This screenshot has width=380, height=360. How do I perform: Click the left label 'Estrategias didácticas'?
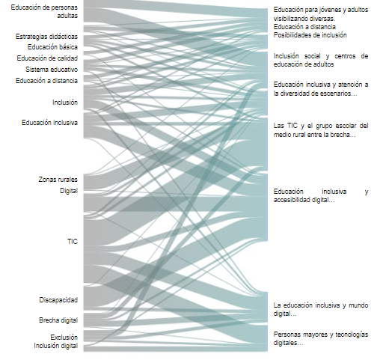click(46, 37)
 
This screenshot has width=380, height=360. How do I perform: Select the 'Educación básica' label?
click(52, 47)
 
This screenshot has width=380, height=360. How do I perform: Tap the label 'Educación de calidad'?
click(47, 58)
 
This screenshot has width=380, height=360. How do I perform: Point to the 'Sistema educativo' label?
click(52, 70)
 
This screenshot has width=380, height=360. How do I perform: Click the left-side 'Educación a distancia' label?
click(46, 81)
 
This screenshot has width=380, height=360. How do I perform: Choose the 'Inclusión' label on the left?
click(65, 103)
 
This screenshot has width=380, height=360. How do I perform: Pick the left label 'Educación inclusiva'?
click(49, 123)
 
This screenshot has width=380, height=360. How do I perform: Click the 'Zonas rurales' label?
click(58, 180)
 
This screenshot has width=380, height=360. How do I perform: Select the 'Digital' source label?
click(69, 191)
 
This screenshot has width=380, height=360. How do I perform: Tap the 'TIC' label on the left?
click(73, 242)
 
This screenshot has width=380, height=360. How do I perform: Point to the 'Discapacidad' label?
click(58, 300)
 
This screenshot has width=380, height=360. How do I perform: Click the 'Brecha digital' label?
click(58, 320)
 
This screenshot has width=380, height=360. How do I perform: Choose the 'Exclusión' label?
click(64, 338)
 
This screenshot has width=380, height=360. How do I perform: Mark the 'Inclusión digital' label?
click(56, 346)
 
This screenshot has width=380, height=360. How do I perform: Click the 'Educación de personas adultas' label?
click(44, 11)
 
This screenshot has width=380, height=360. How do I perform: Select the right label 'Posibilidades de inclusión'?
click(310, 35)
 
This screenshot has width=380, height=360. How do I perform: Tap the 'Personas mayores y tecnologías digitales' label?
click(321, 338)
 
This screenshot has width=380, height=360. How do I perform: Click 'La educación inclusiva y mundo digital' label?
click(321, 309)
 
